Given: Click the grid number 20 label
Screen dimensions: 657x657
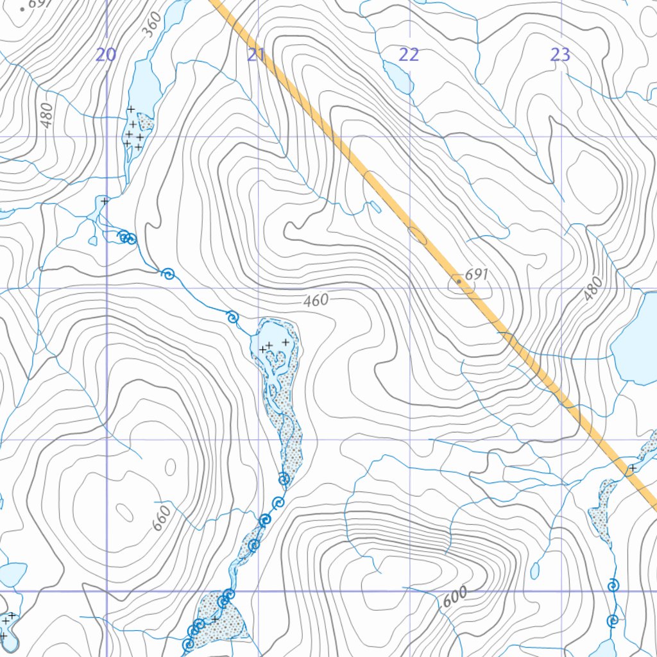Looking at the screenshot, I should click(x=106, y=55).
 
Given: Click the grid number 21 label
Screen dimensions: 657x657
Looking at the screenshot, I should click(x=257, y=55).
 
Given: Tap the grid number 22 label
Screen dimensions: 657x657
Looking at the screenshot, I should click(x=409, y=55).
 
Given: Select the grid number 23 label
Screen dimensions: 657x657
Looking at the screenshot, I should click(x=560, y=55).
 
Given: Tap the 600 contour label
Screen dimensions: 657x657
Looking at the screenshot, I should click(x=455, y=596).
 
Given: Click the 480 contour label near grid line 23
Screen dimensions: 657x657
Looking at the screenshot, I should click(x=593, y=289).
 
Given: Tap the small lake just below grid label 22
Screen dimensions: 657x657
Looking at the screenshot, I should click(x=398, y=76).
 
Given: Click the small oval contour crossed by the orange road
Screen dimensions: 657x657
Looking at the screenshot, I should click(x=417, y=235).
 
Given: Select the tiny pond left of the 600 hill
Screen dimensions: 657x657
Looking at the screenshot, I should click(x=535, y=570).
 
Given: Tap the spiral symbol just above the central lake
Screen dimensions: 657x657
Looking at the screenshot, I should click(x=232, y=316).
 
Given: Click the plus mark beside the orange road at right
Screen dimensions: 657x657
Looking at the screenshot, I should click(x=632, y=467).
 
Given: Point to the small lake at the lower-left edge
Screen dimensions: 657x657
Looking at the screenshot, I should click(x=13, y=573).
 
